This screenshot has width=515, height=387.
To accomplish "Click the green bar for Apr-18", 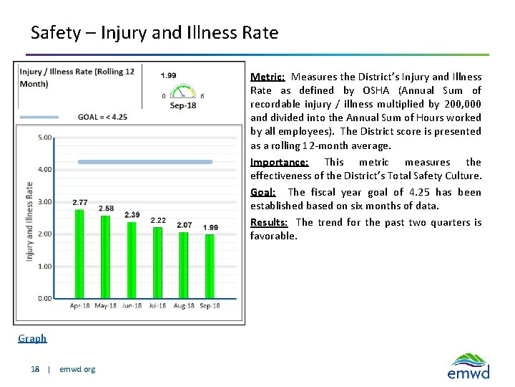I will pyautogui.click(x=79, y=254).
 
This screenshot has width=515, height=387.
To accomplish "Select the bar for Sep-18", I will pyautogui.click(x=210, y=266).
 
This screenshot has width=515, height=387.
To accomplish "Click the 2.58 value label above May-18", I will pyautogui.click(x=106, y=209).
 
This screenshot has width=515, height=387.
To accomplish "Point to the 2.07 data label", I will pyautogui.click(x=184, y=225).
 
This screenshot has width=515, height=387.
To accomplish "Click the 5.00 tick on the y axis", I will pyautogui.click(x=44, y=138).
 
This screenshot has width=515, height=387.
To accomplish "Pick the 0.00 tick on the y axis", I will pyautogui.click(x=44, y=298).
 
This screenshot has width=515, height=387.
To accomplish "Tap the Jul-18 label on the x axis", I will pyautogui.click(x=158, y=306).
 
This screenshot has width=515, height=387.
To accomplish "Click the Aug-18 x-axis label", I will pyautogui.click(x=184, y=306).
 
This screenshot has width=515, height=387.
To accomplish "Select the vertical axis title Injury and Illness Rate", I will pyautogui.click(x=29, y=221).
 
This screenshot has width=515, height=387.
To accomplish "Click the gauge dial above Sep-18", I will pyautogui.click(x=183, y=90).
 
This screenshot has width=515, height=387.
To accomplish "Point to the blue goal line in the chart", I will pyautogui.click(x=145, y=162).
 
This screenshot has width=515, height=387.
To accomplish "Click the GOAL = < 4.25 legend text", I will pyautogui.click(x=102, y=117).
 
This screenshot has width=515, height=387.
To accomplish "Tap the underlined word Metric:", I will pyautogui.click(x=268, y=77).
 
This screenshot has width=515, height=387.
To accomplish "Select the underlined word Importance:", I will pyautogui.click(x=279, y=162).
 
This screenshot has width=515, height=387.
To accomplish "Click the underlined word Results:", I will pyautogui.click(x=269, y=222).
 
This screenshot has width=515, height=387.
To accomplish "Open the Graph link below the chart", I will pyautogui.click(x=32, y=338).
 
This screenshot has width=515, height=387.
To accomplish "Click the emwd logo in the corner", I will pyautogui.click(x=469, y=365).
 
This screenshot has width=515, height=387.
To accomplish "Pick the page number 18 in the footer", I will pyautogui.click(x=35, y=369).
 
